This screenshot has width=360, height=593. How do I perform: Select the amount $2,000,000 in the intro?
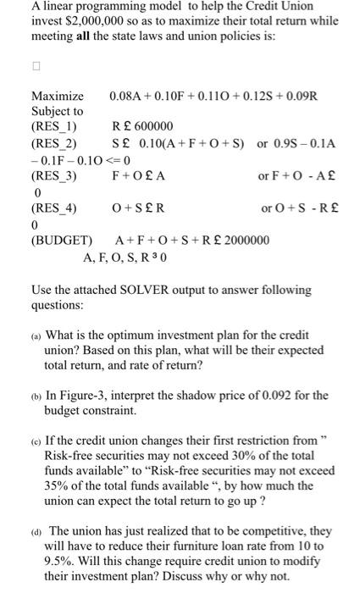[89, 22]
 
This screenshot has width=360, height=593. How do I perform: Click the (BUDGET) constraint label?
[59, 240]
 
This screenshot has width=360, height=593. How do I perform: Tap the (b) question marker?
[36, 396]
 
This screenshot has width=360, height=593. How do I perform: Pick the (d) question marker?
[36, 528]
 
